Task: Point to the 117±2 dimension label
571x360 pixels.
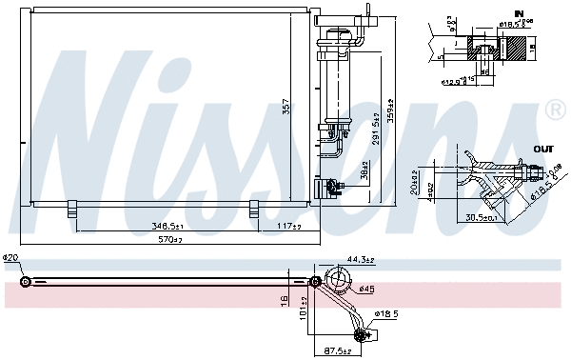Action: tap(289, 226)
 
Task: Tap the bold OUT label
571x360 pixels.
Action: tap(543, 150)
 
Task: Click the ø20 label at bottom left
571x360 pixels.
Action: tap(10, 258)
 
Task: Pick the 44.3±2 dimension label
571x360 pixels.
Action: tap(359, 259)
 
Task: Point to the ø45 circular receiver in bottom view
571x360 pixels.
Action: tap(338, 279)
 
